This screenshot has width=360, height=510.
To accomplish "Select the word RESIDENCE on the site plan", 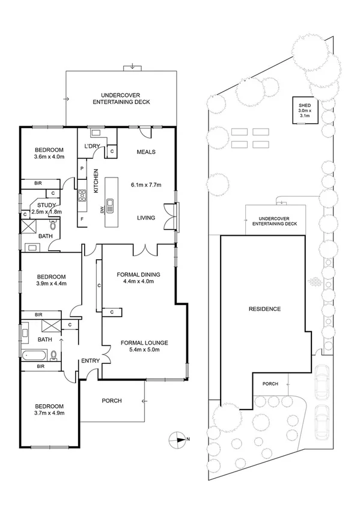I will click(264, 309).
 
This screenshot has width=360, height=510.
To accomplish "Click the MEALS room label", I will click(146, 152).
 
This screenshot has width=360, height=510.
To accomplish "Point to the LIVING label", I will click(146, 218).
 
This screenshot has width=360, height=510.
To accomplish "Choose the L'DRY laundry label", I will click(92, 147).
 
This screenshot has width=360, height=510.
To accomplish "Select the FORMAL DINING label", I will click(138, 278).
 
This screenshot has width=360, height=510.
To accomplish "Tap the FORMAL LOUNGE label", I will click(144, 346).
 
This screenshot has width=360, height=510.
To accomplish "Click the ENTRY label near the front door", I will click(91, 361).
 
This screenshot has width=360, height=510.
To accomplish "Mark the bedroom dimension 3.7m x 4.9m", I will click(49, 413).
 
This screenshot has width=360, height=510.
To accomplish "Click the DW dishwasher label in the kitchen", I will click(102, 209).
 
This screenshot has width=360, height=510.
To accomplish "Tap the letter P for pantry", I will click(82, 168).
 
